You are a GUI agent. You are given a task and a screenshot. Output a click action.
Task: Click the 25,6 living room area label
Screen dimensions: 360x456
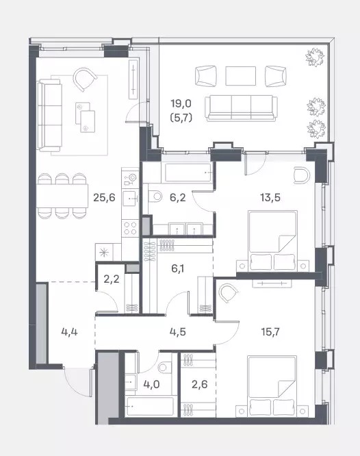pyautogui.click(x=104, y=198)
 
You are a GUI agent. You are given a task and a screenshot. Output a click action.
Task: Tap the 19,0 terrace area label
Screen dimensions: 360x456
pyautogui.click(x=181, y=103)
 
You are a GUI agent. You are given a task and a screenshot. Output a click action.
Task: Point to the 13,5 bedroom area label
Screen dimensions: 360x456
pyautogui.click(x=270, y=198)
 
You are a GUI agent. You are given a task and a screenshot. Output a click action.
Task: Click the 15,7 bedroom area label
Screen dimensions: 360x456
pyautogui.click(x=270, y=331)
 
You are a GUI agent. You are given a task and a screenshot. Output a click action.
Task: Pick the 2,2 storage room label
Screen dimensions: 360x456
pyautogui.click(x=112, y=279)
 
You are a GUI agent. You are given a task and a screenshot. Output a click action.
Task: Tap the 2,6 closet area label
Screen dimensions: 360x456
pyautogui.click(x=199, y=385)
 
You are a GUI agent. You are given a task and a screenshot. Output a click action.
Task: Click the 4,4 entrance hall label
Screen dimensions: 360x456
pyautogui.click(x=70, y=331)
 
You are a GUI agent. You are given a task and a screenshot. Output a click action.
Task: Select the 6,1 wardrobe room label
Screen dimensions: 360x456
pyautogui.click(x=177, y=268)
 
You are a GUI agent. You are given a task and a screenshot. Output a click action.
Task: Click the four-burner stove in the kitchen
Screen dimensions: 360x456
pyautogui.click(x=130, y=228)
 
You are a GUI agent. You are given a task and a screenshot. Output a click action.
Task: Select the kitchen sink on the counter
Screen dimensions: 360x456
pyautogui.click(x=130, y=199)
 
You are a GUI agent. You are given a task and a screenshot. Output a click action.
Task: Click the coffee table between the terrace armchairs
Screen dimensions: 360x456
pyautogui.click(x=240, y=76)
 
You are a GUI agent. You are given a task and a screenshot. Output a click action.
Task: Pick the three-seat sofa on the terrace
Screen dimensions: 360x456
pyautogui.click(x=241, y=108)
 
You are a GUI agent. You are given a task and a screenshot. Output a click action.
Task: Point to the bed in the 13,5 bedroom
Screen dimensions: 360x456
pyautogui.click(x=273, y=241)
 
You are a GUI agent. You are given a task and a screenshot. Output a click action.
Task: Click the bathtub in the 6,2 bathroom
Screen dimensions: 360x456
pyautogui.click(x=188, y=173)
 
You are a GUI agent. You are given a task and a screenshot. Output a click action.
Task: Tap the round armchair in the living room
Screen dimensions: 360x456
pyautogui.click(x=85, y=79)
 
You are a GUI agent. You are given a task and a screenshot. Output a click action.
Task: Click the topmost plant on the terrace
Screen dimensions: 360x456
pyautogui.click(x=315, y=57)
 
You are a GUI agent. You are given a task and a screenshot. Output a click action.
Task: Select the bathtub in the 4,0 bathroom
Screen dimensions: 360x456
pyautogui.click(x=151, y=406)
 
